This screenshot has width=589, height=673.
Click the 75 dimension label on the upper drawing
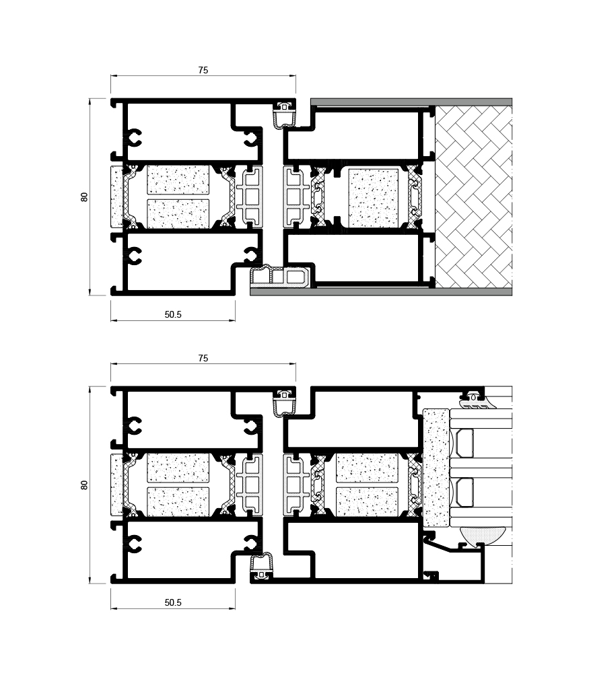[203, 70]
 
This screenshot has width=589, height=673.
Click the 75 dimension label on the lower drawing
[203, 358]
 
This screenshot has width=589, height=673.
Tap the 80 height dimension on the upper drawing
[84, 197]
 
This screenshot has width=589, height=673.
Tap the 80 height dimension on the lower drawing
[84, 485]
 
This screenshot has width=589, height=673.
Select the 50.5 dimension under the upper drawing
[173, 314]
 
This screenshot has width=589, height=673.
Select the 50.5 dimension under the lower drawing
[173, 602]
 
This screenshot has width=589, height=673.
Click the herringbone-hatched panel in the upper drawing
[473, 197]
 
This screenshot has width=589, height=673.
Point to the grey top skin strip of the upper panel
[411, 102]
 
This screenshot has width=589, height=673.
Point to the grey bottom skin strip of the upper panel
[381, 292]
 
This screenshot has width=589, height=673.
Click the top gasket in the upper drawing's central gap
[284, 114]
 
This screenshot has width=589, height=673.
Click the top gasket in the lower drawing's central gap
[284, 402]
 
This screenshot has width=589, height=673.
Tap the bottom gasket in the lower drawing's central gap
[261, 566]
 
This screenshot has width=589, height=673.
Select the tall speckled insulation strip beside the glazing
[436, 468]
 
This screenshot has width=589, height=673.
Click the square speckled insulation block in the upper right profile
[373, 199]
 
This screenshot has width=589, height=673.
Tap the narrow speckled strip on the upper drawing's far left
[116, 197]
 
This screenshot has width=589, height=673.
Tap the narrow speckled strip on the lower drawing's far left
[116, 485]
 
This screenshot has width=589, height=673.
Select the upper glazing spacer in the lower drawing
[464, 444]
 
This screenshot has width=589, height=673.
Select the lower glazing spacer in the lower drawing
[464, 492]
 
